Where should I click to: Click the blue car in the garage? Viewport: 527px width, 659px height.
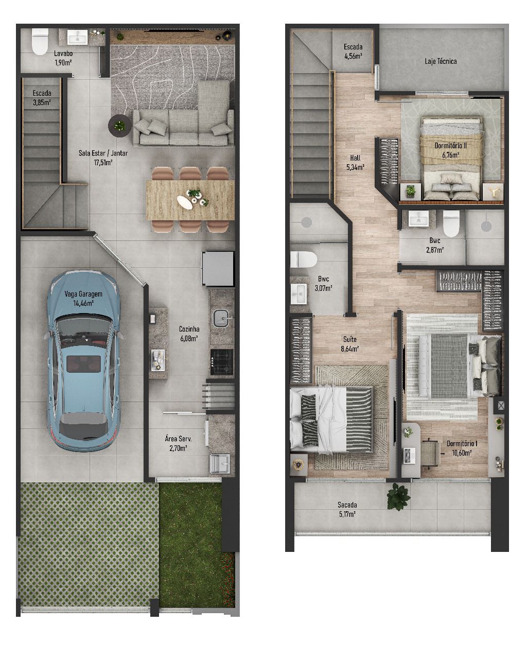click(83, 361)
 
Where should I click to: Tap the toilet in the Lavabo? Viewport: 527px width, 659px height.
click(40, 41)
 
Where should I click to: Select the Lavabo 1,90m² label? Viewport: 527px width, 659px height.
click(63, 58)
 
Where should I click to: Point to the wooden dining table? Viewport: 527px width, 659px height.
click(190, 200)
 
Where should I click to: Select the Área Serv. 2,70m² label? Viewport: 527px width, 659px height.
click(178, 443)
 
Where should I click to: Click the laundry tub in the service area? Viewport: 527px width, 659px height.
click(220, 463)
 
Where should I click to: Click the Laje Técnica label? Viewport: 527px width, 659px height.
click(441, 61)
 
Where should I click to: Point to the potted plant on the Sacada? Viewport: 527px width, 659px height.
click(398, 497)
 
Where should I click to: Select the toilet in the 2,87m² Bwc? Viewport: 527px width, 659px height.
click(451, 223)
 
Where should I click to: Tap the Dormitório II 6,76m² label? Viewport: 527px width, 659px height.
click(450, 150)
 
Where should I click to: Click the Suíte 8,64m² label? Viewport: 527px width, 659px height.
click(349, 343)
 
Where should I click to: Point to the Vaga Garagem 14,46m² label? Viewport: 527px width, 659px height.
click(83, 298)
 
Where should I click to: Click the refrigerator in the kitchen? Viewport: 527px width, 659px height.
click(218, 269)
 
